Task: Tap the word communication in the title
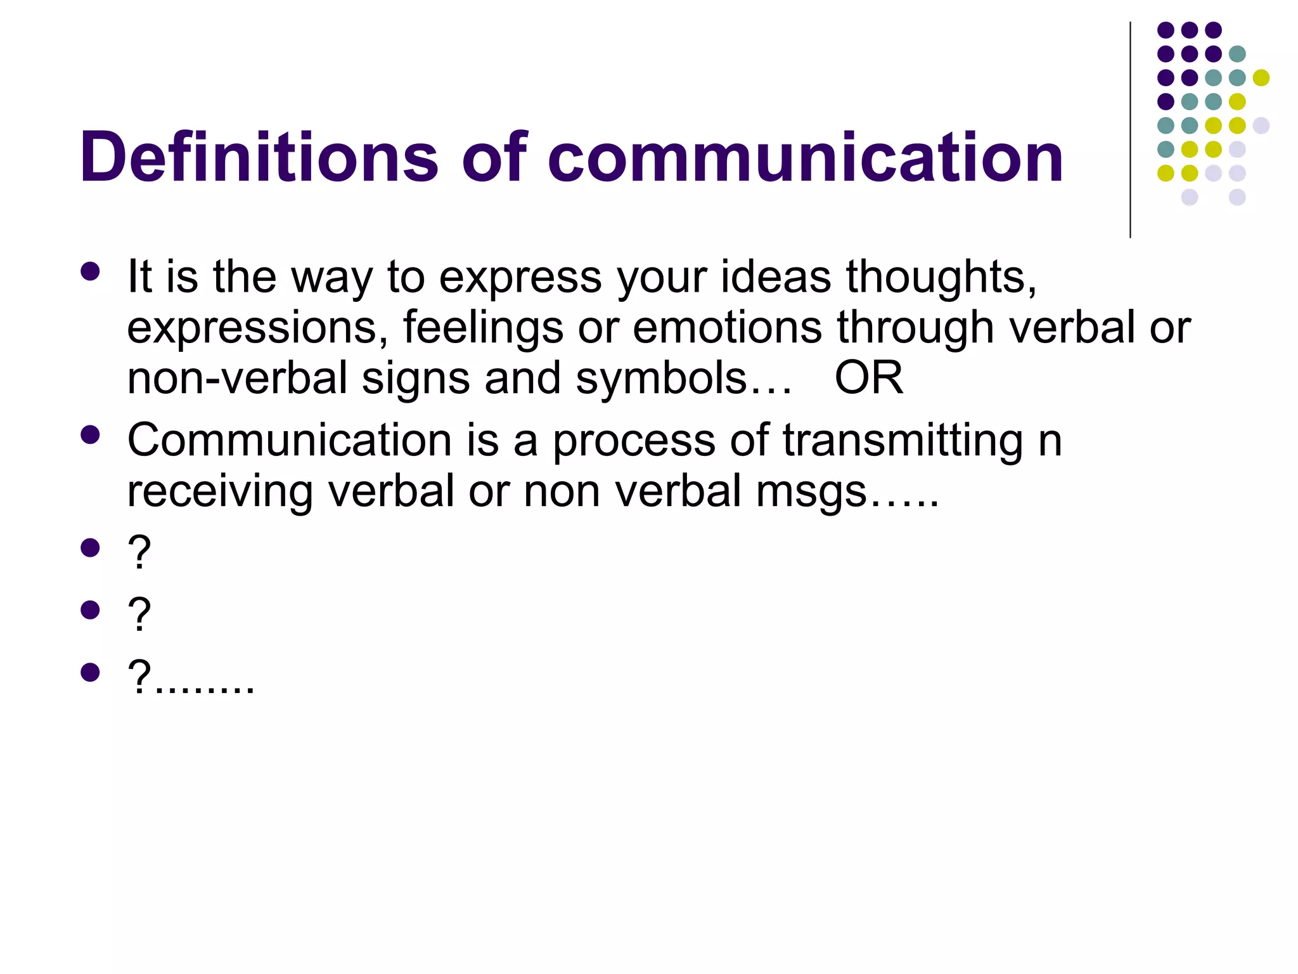click(806, 157)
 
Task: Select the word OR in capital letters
click(868, 379)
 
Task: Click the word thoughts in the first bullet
click(941, 278)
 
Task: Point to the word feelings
click(483, 328)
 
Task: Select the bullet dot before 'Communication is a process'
click(91, 435)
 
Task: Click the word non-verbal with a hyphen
click(237, 379)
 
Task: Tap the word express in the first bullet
click(520, 278)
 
